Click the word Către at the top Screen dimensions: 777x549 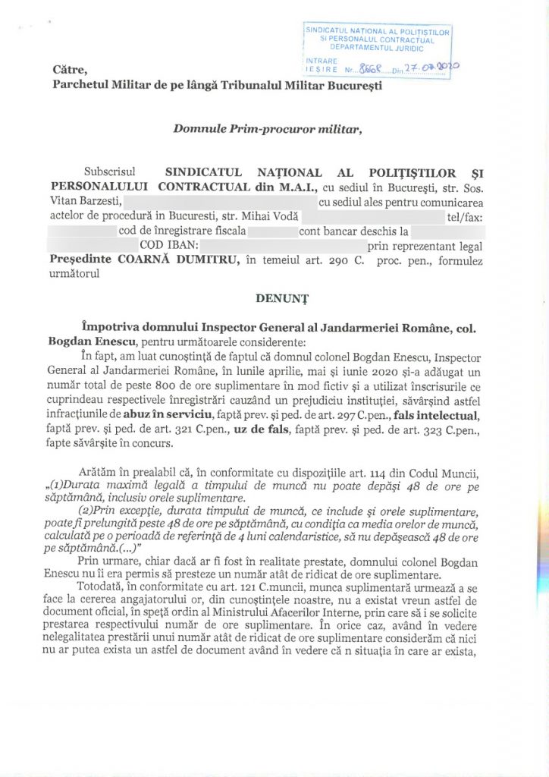(x=71, y=70)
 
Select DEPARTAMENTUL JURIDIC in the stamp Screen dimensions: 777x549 (x=377, y=47)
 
